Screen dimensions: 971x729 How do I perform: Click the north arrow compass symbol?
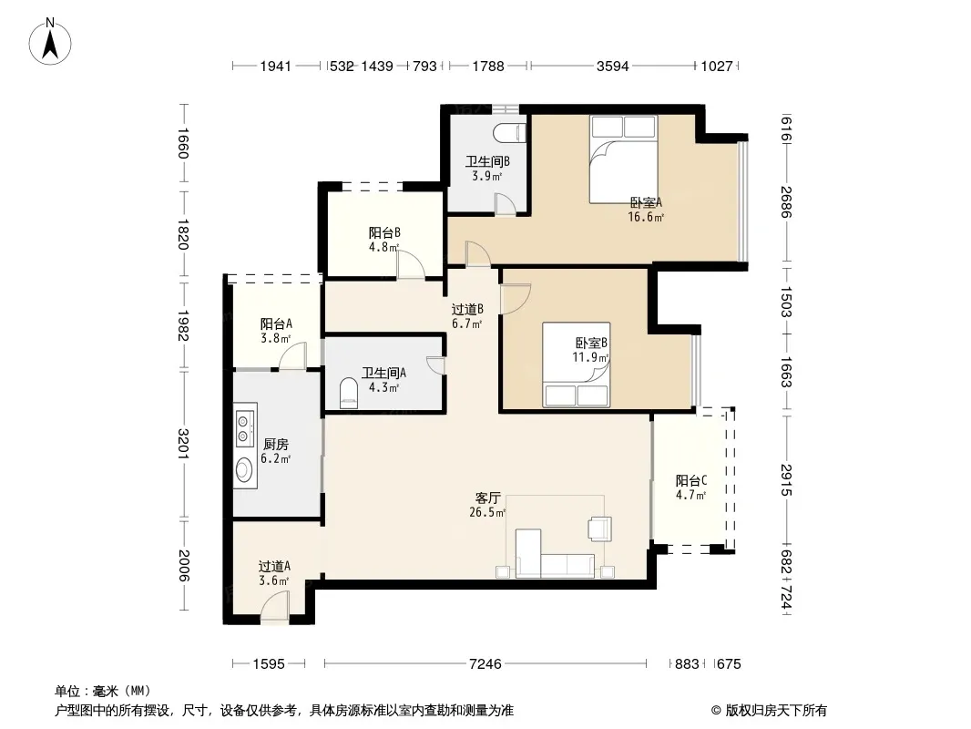(x=50, y=42)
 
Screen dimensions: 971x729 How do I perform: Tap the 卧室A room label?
(x=646, y=202)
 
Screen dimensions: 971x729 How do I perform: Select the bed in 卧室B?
(x=576, y=364)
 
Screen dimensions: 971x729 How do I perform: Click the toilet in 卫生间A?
(x=349, y=395)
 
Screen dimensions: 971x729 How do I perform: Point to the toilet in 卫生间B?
(x=511, y=133)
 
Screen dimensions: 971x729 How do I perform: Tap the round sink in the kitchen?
(x=245, y=469)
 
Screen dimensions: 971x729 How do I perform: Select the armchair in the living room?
(x=599, y=529)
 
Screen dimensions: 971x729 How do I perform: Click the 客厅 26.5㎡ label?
(x=488, y=505)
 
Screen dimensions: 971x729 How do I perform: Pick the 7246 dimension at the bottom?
(x=485, y=664)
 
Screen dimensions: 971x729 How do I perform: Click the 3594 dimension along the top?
(x=612, y=66)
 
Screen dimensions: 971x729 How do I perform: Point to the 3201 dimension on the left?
(x=183, y=444)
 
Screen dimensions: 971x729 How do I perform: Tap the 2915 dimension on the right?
(x=786, y=480)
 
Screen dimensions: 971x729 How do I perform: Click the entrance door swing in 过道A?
(x=275, y=605)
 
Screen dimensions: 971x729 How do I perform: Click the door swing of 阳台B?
(x=411, y=264)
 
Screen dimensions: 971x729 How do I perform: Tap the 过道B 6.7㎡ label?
(x=467, y=316)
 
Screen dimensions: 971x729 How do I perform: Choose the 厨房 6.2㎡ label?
(x=276, y=451)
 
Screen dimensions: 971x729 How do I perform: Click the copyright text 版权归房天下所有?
(x=776, y=711)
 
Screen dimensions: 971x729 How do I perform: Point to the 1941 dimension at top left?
(x=276, y=66)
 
